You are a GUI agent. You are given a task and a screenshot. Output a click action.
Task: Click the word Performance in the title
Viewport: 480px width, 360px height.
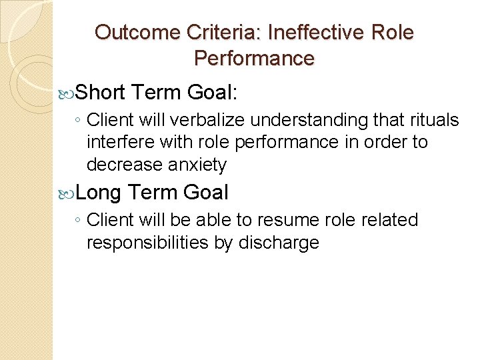254,58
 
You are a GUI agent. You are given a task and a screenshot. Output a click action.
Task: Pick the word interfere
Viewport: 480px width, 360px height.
116,142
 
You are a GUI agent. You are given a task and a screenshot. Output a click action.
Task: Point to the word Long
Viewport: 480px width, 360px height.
99,193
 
